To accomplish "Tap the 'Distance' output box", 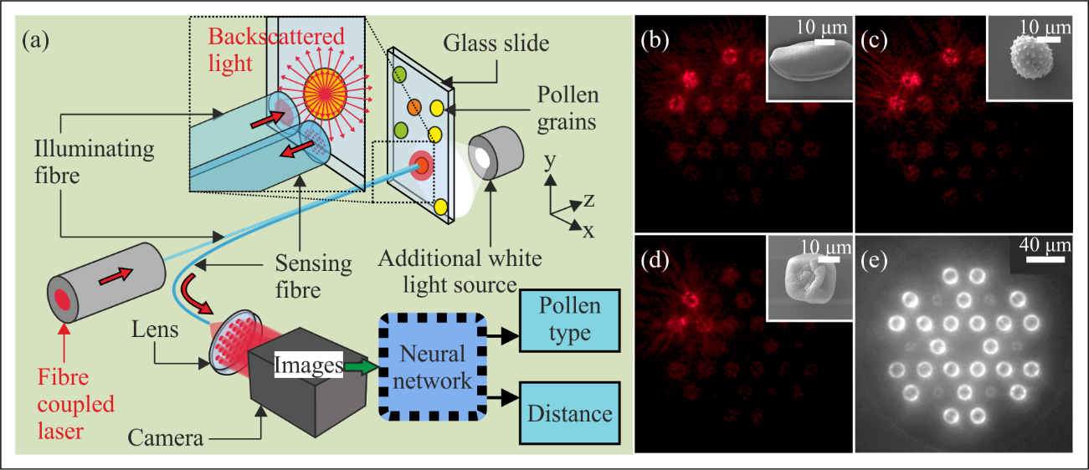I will click(569, 414).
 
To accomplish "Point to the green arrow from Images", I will click(361, 365).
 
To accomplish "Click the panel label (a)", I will click(43, 39).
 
